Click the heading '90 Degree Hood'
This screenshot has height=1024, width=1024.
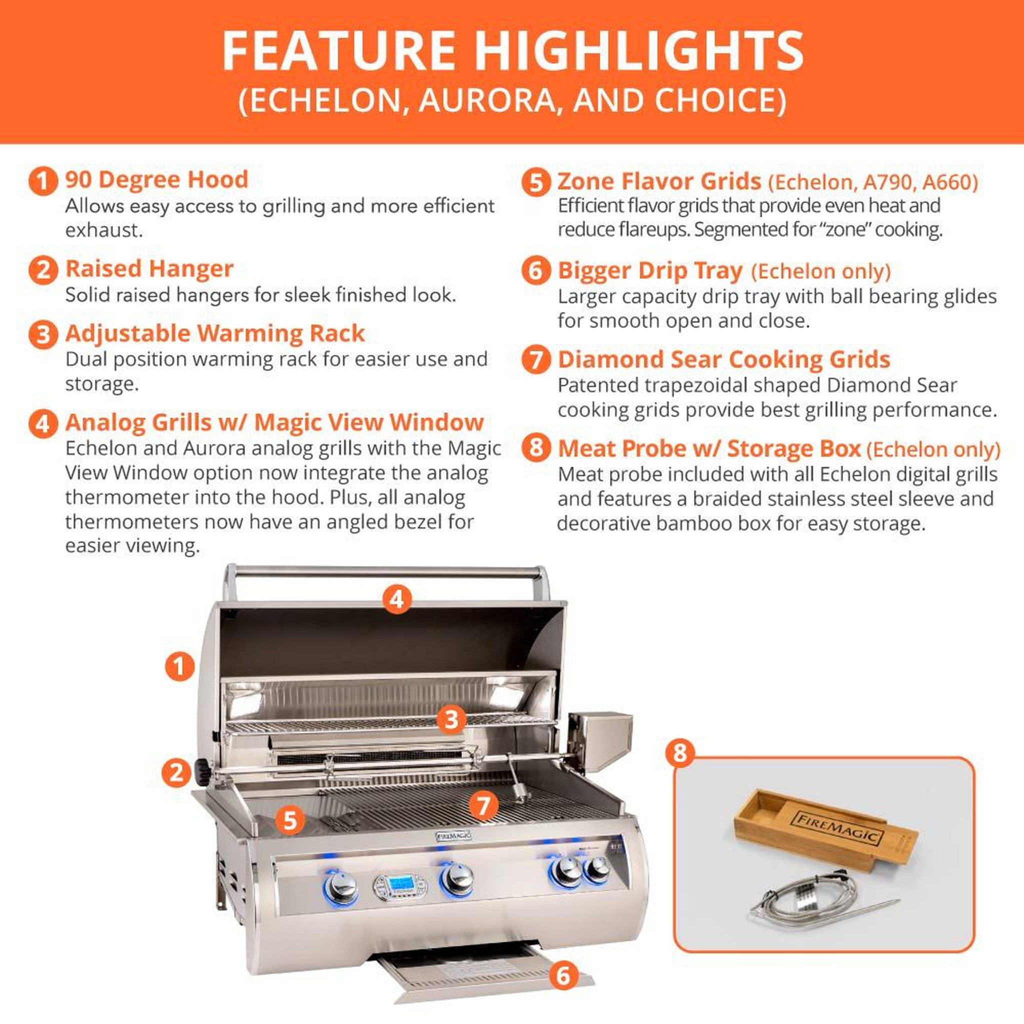click(x=156, y=179)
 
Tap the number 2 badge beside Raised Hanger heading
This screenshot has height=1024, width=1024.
click(x=43, y=270)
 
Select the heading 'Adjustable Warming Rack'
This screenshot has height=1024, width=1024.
click(x=214, y=333)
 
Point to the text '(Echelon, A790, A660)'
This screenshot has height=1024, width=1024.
click(x=872, y=182)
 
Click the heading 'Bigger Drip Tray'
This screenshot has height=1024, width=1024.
click(x=650, y=271)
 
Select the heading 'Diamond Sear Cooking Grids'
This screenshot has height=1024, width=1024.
click(x=723, y=359)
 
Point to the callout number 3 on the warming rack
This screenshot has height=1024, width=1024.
click(x=451, y=719)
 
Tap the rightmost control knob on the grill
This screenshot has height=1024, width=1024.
click(x=598, y=868)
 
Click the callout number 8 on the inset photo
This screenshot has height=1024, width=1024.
click(x=680, y=752)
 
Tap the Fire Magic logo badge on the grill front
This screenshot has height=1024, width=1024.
click(x=453, y=836)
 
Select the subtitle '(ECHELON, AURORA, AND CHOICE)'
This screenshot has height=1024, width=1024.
click(x=512, y=100)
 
